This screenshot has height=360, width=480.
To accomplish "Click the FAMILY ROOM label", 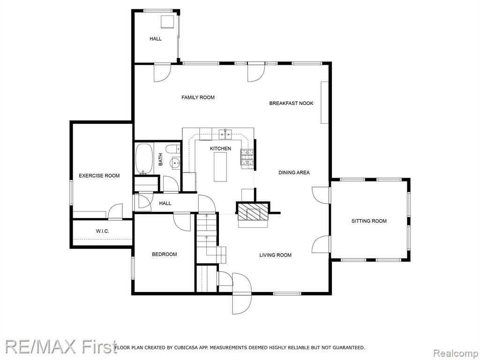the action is click(x=198, y=97).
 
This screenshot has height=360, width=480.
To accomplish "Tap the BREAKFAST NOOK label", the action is click(x=291, y=103).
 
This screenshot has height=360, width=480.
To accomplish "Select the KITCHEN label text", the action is click(x=220, y=149).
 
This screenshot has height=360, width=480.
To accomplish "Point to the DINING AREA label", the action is click(x=294, y=172).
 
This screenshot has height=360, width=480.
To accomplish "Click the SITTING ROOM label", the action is click(x=369, y=221).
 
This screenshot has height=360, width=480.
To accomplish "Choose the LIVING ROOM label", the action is click(x=275, y=255).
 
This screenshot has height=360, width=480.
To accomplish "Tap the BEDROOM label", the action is click(x=165, y=254).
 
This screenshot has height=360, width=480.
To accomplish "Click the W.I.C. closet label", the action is click(x=102, y=231).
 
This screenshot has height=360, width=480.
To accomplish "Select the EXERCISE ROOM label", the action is click(x=99, y=175).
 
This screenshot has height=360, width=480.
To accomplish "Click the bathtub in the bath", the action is click(x=144, y=158).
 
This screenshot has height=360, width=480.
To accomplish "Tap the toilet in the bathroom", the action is click(x=172, y=149).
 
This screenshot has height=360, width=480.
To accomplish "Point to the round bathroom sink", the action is click(x=175, y=163).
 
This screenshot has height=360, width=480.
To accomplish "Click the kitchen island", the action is click(x=220, y=167).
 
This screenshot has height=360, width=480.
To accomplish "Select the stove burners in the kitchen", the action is click(x=247, y=157).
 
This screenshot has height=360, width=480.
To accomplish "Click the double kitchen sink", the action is click(x=225, y=133).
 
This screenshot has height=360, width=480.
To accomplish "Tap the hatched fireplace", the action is click(x=253, y=211).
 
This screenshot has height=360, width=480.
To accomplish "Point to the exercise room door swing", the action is click(x=115, y=211).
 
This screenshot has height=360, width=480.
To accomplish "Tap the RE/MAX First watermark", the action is click(x=61, y=347).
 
